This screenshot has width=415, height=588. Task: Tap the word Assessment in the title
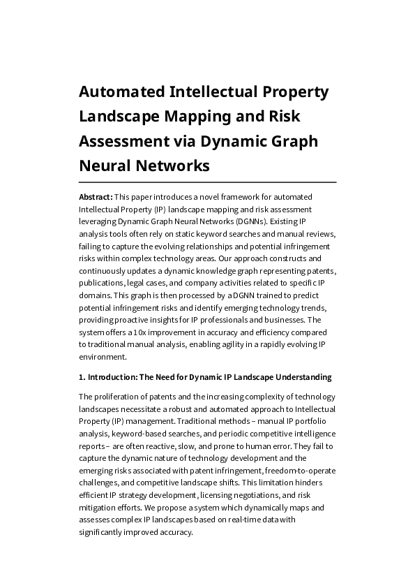(123, 141)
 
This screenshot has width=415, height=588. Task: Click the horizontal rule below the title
(207, 182)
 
